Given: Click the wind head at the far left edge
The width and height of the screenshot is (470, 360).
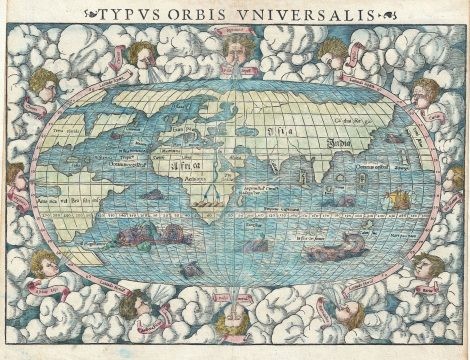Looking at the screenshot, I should point(18,180).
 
